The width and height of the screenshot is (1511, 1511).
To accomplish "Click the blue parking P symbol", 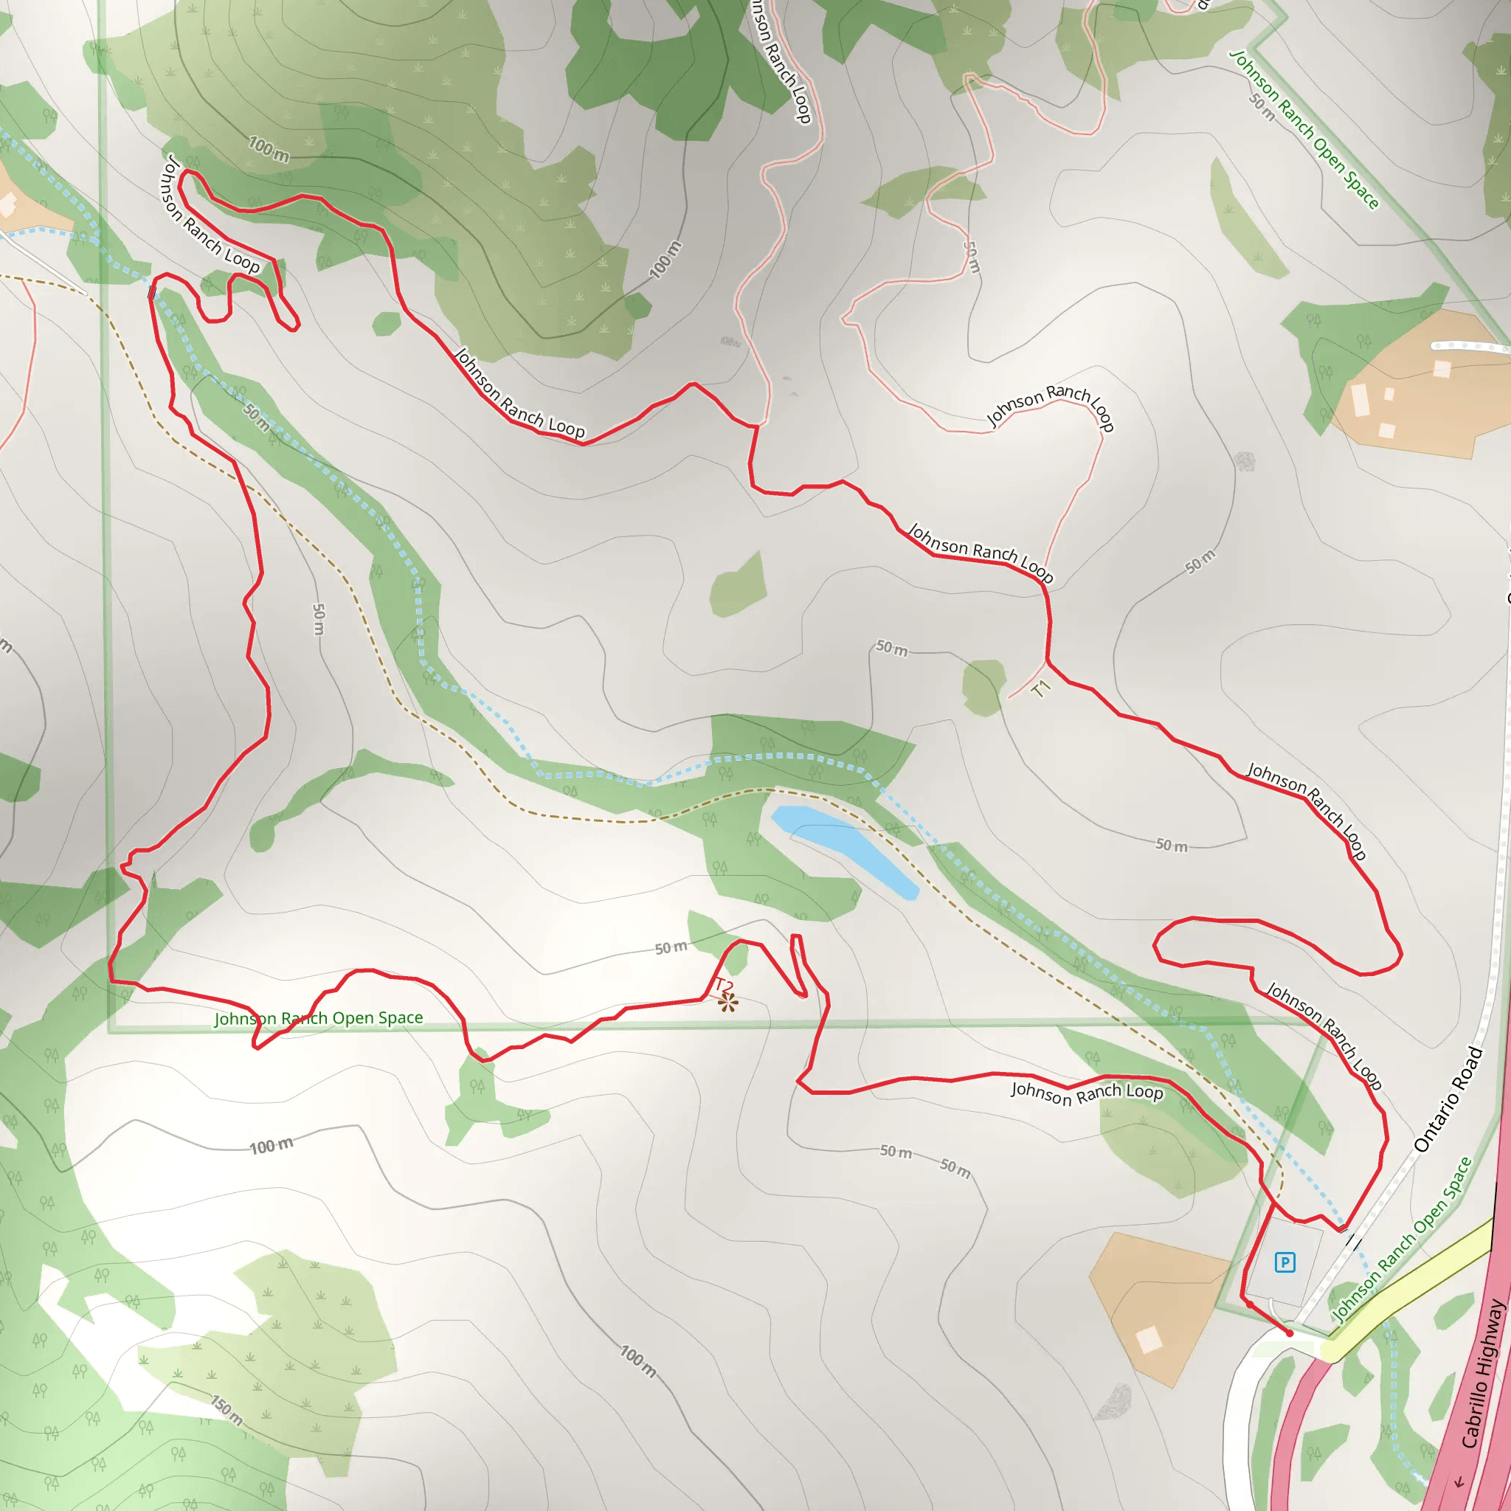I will coord(1284,1262).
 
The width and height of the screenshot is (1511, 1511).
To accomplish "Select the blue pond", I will coord(844,851).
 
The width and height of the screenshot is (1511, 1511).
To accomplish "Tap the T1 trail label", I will coord(1040,689).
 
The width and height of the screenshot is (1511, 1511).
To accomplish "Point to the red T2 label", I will coord(724,986).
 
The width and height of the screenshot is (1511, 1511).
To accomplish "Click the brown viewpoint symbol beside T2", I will coord(728,1003).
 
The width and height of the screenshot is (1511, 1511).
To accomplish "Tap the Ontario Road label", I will coord(1448,1099).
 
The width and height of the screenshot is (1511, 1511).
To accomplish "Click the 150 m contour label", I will coord(227,1409).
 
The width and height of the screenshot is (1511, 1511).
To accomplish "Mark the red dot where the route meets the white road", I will coord(1289,1332).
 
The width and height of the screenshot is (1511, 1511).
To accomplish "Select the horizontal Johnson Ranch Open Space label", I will coord(318,1018).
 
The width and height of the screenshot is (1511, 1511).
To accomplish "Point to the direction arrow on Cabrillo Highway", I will coord(1459,1481).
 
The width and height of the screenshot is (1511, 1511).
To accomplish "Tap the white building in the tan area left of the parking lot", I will coord(1149,1340).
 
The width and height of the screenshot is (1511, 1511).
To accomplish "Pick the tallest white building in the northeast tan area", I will coord(1360,400).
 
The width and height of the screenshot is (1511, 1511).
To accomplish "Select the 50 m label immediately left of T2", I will coord(671,948).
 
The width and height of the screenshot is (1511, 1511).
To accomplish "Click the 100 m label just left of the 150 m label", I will coord(272,1147).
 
